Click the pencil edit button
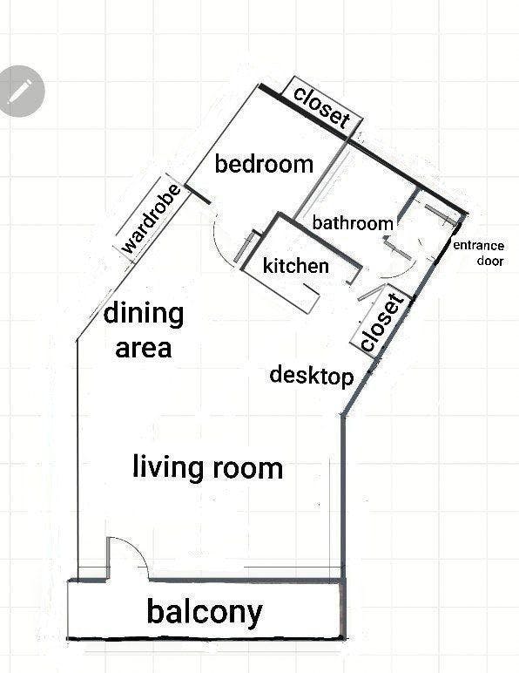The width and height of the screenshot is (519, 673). pos(21,91)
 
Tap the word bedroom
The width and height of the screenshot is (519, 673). pos(264,165)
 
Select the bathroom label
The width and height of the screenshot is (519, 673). pos(353,223)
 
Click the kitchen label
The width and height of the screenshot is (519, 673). pos(296,266)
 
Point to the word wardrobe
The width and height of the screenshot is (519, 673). pos(151,219)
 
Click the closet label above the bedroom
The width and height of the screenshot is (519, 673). pos(322,107)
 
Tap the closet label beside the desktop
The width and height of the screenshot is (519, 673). pos(382,323)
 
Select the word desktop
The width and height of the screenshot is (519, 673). pos(312,376)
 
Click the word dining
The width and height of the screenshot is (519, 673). pos(144,315)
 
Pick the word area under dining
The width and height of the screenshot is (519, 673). pos(144,348)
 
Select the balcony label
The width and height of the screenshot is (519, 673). pos(205,612)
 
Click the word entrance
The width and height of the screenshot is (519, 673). pos(478,246)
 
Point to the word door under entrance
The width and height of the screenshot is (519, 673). pos(490,261)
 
